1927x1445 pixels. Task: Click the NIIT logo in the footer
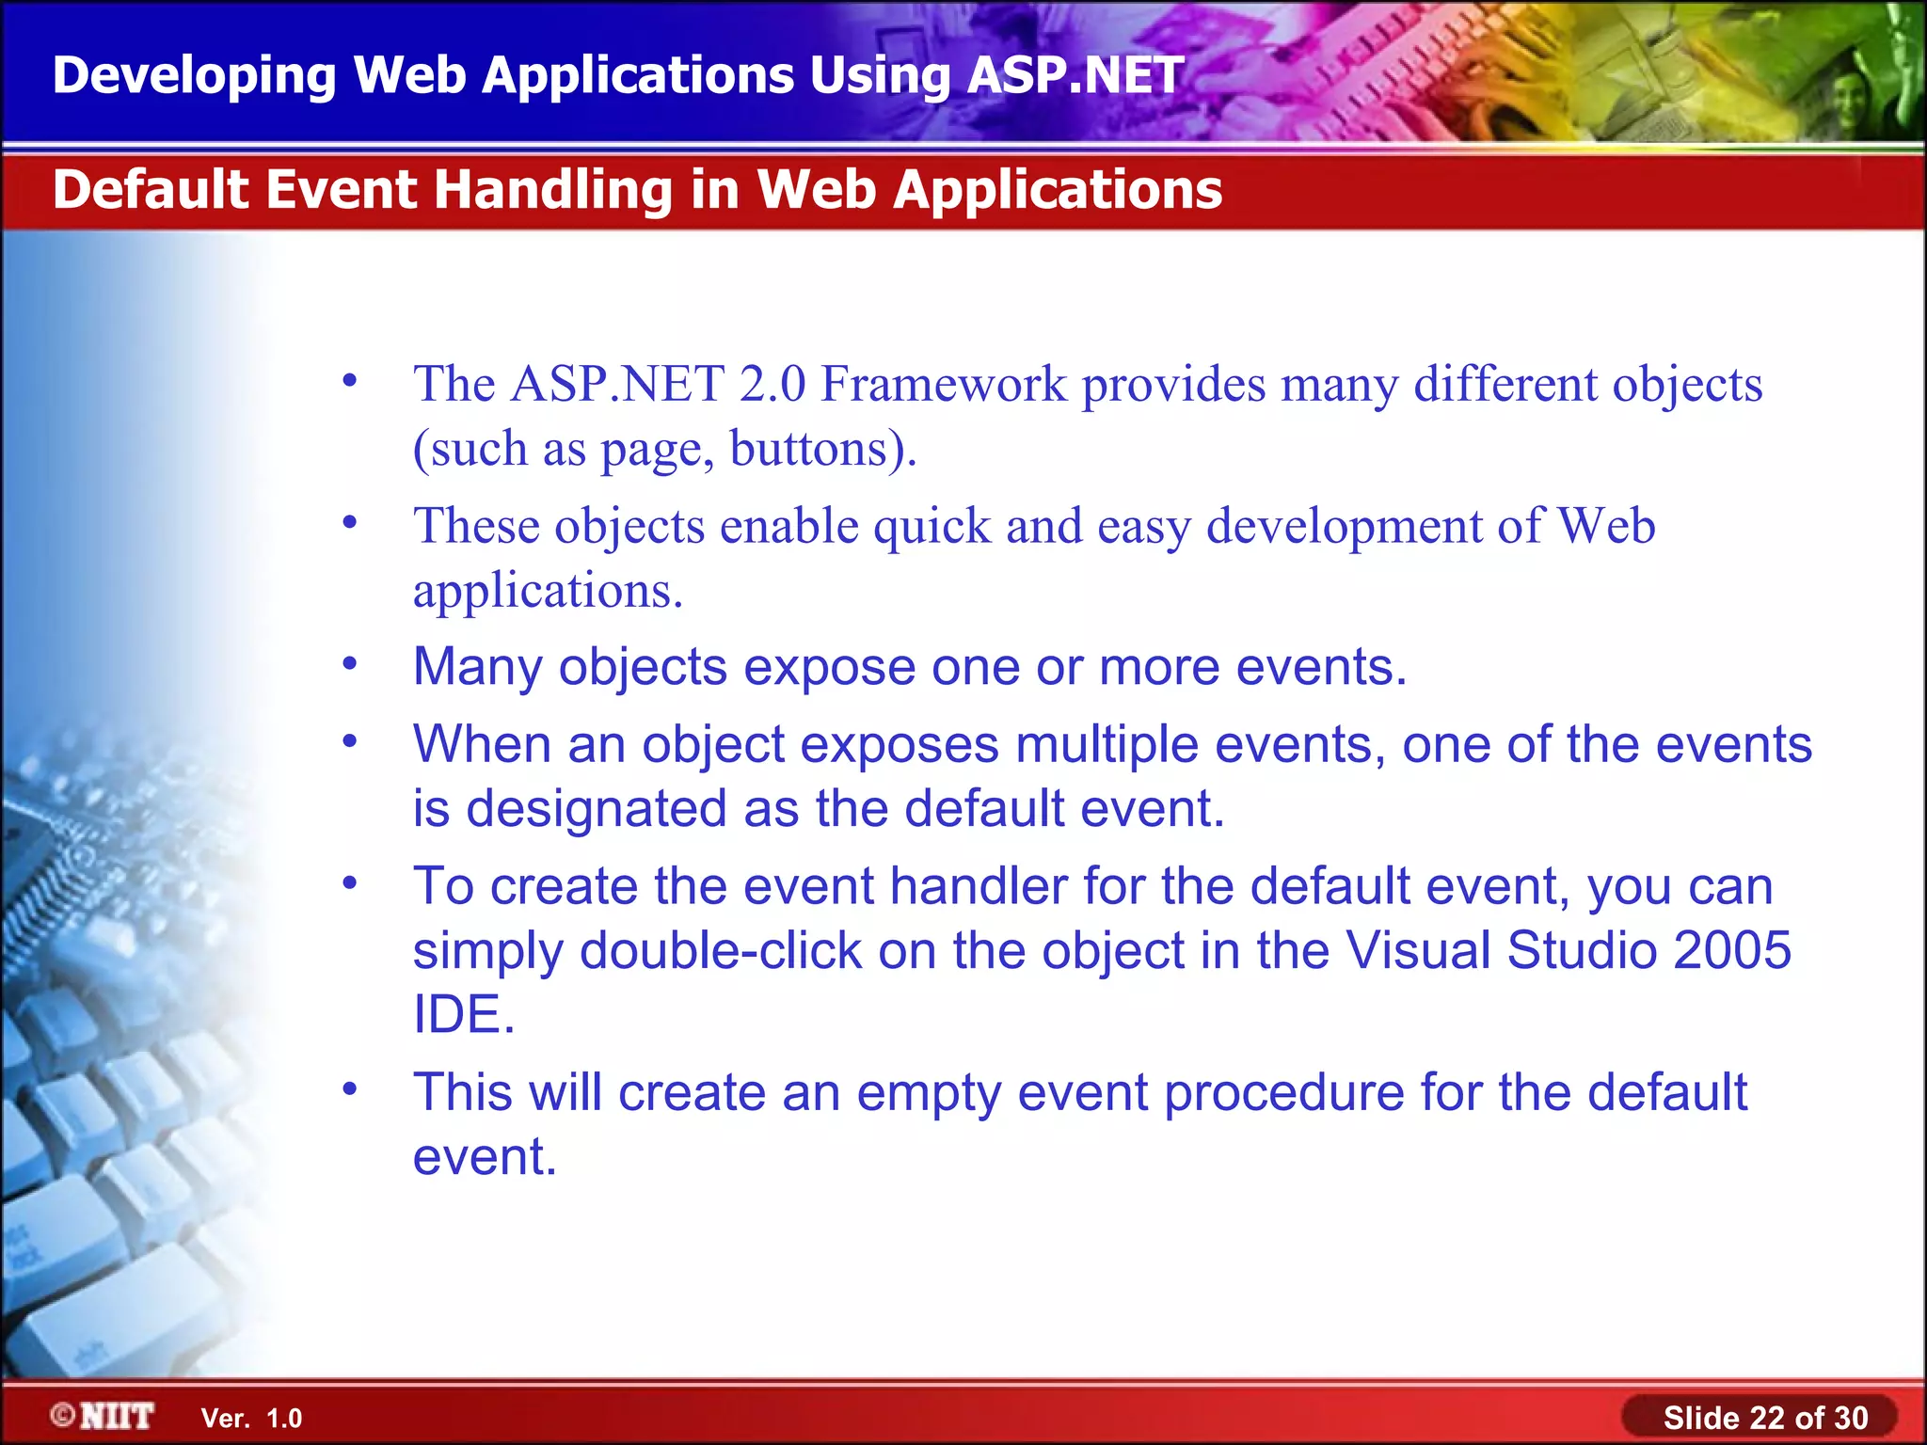pyautogui.click(x=104, y=1416)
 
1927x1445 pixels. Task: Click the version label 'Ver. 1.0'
pyautogui.click(x=251, y=1419)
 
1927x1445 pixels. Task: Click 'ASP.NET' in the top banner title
pyautogui.click(x=1075, y=75)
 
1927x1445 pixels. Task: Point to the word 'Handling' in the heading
pyautogui.click(x=552, y=189)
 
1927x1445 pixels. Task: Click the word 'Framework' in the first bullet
pyautogui.click(x=944, y=385)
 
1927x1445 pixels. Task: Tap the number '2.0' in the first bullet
pyautogui.click(x=772, y=385)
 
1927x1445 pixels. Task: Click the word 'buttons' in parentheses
pyautogui.click(x=808, y=449)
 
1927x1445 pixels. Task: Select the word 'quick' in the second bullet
pyautogui.click(x=932, y=526)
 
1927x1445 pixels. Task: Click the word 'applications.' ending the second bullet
pyautogui.click(x=548, y=591)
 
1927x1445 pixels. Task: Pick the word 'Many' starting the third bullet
pyautogui.click(x=477, y=667)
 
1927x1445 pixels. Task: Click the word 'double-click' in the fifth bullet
pyautogui.click(x=721, y=950)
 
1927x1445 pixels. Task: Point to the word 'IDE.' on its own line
pyautogui.click(x=464, y=1014)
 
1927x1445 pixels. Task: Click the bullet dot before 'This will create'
pyautogui.click(x=350, y=1089)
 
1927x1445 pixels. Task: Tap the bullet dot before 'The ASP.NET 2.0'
pyautogui.click(x=350, y=381)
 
